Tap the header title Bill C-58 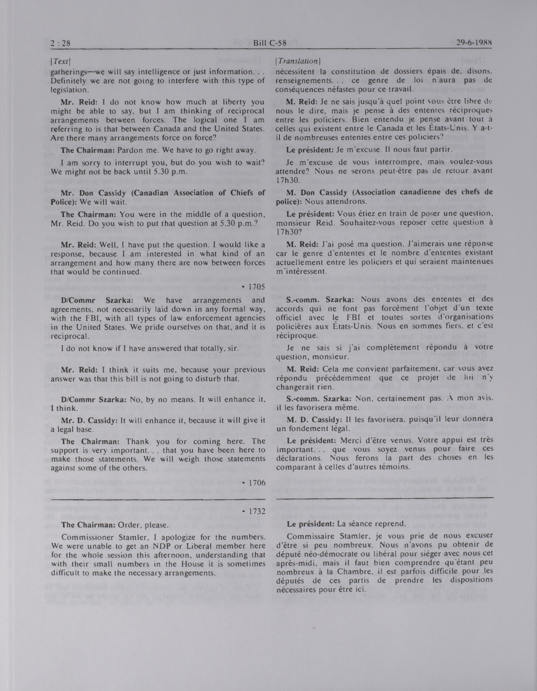[270, 44]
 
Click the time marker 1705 [253, 287]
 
